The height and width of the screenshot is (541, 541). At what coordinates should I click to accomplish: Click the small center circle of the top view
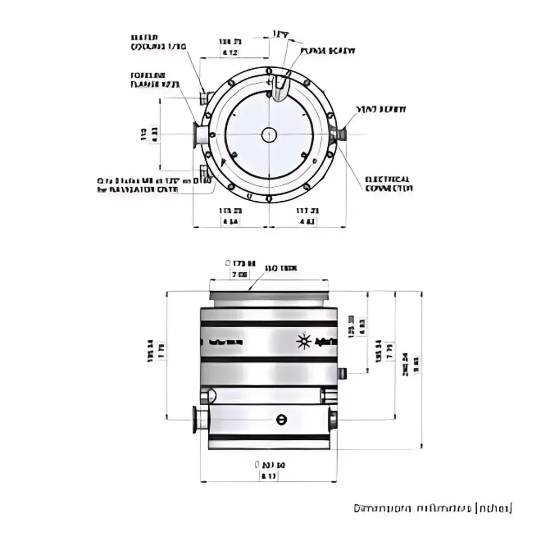(269, 135)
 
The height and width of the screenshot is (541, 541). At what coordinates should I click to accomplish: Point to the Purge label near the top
(327, 51)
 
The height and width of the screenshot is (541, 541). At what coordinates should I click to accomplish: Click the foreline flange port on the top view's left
(199, 134)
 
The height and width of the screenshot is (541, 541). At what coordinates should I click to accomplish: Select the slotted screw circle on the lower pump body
(280, 419)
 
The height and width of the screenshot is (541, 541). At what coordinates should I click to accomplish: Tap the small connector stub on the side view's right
(342, 373)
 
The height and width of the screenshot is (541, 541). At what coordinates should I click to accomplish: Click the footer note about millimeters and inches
(432, 509)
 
